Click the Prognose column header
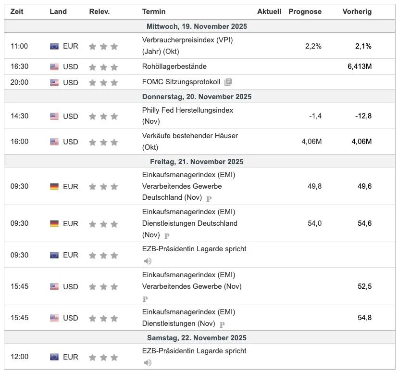click(x=305, y=12)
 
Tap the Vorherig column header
click(x=357, y=12)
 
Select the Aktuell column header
click(x=269, y=12)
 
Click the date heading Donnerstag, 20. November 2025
click(x=197, y=97)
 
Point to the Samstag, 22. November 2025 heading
click(x=197, y=337)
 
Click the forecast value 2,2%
click(x=313, y=46)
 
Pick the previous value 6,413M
click(x=360, y=66)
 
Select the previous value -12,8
click(x=363, y=116)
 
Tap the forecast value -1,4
click(x=315, y=116)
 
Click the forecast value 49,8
click(x=314, y=186)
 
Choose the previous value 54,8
click(x=364, y=318)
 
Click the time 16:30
click(x=19, y=66)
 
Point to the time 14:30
click(x=19, y=116)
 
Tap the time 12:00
click(x=19, y=357)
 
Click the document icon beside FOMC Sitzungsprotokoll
click(x=228, y=82)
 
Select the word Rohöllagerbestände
click(x=174, y=66)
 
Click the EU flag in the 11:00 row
click(x=54, y=46)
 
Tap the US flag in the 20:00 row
click(x=54, y=83)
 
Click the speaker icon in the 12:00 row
click(x=148, y=362)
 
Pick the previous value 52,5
click(x=364, y=286)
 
